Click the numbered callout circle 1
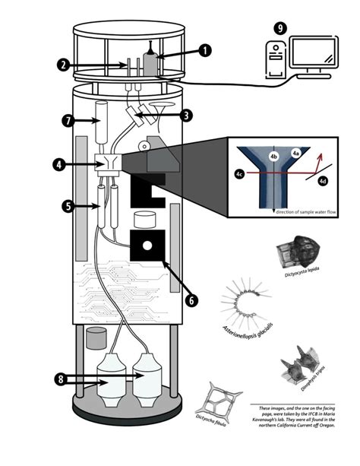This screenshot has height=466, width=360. click(x=205, y=52)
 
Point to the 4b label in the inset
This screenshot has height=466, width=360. click(x=274, y=157)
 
